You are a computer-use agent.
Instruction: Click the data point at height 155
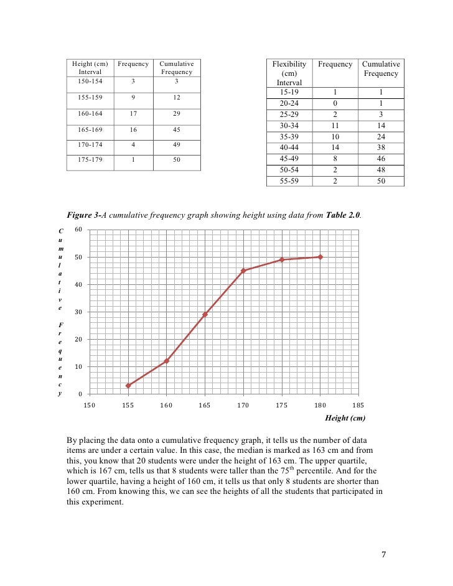point(128,386)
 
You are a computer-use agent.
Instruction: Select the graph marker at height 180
point(320,257)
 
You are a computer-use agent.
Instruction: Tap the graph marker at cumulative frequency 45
point(243,271)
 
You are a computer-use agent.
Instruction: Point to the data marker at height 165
point(205,314)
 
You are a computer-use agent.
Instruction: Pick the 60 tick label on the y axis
point(78,230)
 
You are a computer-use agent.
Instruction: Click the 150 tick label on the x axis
point(90,406)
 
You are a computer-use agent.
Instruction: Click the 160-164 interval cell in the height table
point(91,113)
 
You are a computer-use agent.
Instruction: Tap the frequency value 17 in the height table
point(133,113)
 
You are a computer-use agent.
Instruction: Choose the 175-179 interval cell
point(91,160)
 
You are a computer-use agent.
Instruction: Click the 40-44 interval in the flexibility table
point(289,147)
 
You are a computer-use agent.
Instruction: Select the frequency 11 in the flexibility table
point(335,125)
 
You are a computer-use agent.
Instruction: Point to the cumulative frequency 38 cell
point(381,147)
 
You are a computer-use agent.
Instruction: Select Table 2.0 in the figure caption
point(342,215)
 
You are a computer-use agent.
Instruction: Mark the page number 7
point(384,554)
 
